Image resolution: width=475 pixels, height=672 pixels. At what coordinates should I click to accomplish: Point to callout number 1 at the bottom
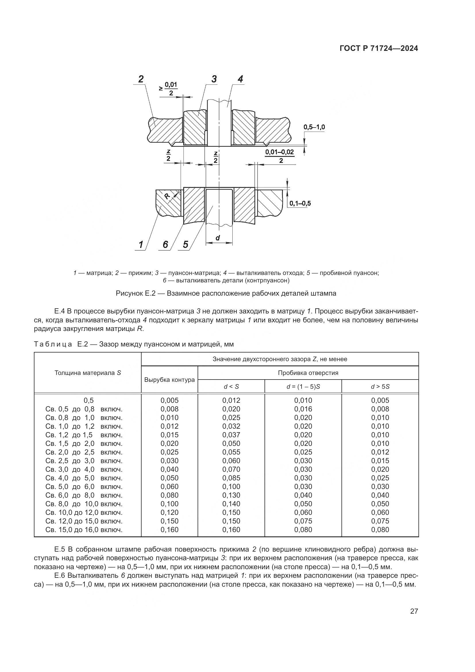(141, 244)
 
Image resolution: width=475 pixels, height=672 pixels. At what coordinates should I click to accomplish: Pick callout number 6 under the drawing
(165, 244)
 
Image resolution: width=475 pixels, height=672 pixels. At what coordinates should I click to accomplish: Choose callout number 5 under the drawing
(186, 244)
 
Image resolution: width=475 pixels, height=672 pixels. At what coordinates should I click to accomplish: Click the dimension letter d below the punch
(218, 238)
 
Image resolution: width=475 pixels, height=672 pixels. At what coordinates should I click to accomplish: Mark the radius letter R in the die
(167, 196)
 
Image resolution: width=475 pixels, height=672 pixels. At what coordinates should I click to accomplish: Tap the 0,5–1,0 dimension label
(314, 127)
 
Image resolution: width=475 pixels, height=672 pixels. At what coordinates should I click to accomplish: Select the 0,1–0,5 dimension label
(300, 203)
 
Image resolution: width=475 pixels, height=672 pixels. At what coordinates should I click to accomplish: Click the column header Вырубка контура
(169, 380)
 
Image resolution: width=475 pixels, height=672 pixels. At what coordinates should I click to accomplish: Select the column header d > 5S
(380, 387)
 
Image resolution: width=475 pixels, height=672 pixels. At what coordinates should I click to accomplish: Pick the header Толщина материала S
(88, 373)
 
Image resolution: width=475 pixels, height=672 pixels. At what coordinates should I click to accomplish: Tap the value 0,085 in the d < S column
(231, 478)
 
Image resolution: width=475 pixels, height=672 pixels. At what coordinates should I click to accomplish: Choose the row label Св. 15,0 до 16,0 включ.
(84, 530)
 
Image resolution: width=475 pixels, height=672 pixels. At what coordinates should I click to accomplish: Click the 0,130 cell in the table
(231, 495)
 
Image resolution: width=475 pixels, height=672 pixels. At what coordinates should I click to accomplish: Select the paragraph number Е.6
(60, 575)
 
